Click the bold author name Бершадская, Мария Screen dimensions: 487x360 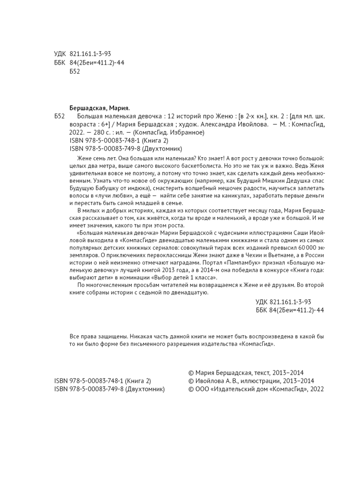(100, 108)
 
